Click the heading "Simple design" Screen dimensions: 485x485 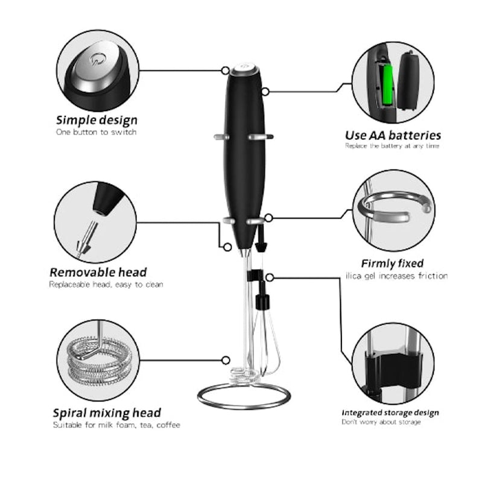pyautogui.click(x=97, y=120)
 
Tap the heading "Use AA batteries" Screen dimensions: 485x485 pyautogui.click(x=393, y=136)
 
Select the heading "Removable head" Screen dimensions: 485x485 pyautogui.click(x=98, y=273)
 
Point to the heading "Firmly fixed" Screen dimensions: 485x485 pyautogui.click(x=392, y=264)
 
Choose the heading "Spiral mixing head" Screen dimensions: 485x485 pyautogui.click(x=107, y=413)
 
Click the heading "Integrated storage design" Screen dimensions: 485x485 pyautogui.click(x=390, y=413)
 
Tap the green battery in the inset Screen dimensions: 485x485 pyautogui.click(x=388, y=84)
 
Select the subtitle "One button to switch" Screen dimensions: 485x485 pyautogui.click(x=96, y=132)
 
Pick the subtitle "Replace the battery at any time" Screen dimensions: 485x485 pyautogui.click(x=392, y=146)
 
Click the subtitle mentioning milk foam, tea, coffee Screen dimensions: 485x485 pyautogui.click(x=116, y=425)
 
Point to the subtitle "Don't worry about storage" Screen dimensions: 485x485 pyautogui.click(x=381, y=422)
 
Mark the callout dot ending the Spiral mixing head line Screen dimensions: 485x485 pyautogui.click(x=226, y=360)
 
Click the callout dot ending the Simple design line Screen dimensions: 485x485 pyautogui.click(x=226, y=71)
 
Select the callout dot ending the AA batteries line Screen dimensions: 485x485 pyautogui.click(x=265, y=92)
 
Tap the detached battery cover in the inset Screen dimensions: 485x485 pyautogui.click(x=408, y=81)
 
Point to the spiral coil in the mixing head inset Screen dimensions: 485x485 pyautogui.click(x=99, y=360)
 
